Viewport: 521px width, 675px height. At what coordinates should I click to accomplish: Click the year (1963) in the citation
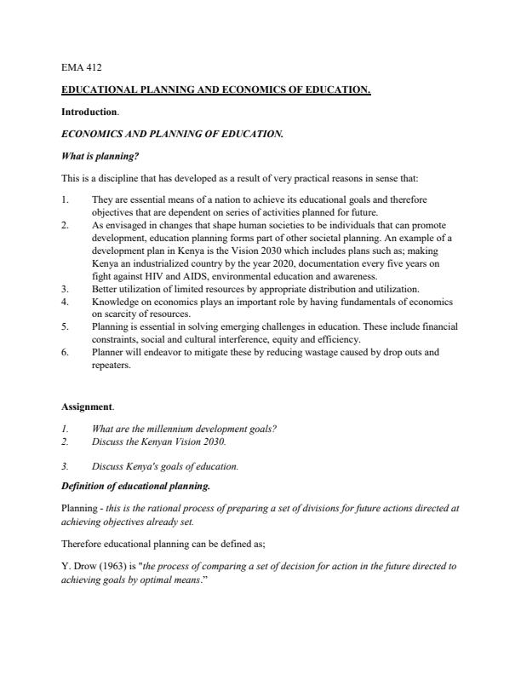tap(106, 565)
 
